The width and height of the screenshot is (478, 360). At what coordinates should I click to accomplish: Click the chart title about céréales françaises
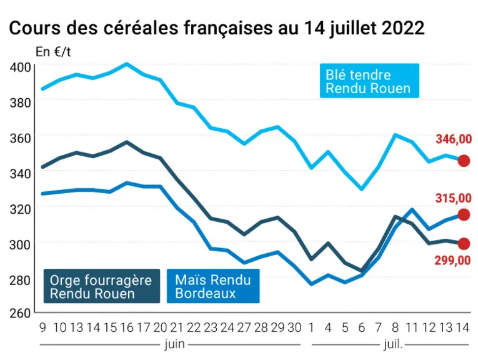pos(217,28)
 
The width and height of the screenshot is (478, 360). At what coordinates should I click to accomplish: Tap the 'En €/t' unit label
pos(53,52)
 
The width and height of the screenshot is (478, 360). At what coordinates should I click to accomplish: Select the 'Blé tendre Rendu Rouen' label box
pos(369,81)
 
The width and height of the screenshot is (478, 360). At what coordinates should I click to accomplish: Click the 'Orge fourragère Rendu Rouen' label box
pos(102,286)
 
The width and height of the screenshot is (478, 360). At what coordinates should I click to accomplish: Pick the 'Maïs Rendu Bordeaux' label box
pos(213,286)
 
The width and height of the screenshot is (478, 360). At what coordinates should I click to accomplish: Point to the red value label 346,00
pos(454,139)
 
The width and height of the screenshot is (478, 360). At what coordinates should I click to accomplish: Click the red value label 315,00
pos(454,199)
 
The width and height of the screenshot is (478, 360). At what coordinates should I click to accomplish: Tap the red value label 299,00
pos(452,261)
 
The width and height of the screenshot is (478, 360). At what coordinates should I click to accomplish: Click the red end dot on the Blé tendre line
pos(464,161)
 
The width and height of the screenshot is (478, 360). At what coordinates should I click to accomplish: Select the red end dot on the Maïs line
pos(464,215)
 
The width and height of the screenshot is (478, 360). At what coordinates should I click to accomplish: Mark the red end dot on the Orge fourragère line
pos(464,244)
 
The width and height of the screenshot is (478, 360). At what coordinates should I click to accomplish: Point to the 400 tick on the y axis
pos(21,67)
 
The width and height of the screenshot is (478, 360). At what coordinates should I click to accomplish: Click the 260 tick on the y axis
pos(21,313)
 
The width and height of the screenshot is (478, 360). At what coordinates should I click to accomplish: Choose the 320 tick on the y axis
pos(21,209)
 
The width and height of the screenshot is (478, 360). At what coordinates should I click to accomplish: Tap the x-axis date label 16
pos(127,327)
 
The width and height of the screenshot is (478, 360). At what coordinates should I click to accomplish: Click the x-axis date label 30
pos(294,327)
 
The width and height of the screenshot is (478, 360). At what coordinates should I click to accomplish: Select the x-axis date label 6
pos(362,327)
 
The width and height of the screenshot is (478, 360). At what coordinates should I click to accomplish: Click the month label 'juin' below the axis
pos(175,344)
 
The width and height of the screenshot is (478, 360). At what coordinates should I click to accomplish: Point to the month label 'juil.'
pos(393,344)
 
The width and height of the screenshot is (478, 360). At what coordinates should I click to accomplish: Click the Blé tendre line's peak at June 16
pos(127,64)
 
